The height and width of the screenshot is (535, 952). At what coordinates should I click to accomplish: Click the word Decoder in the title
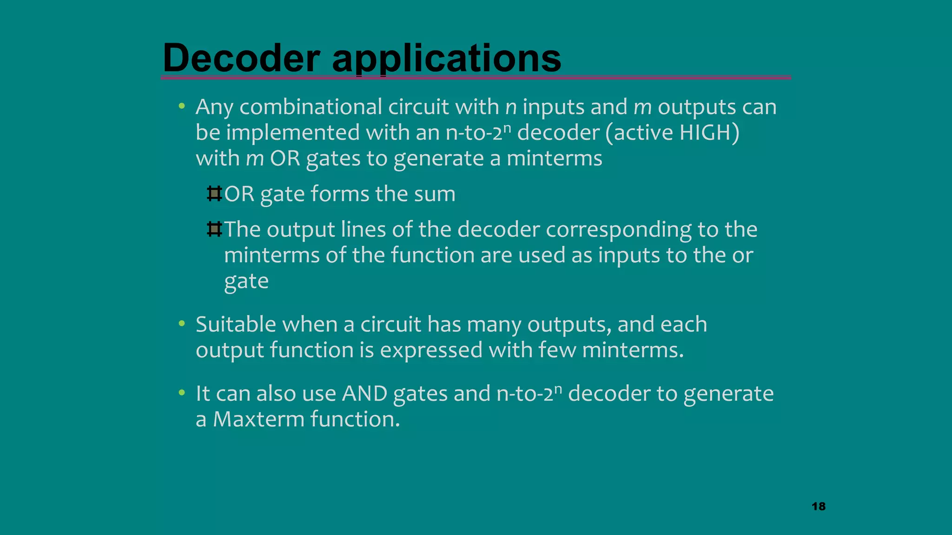pyautogui.click(x=241, y=58)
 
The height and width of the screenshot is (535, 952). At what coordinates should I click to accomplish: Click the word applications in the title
pyautogui.click(x=446, y=59)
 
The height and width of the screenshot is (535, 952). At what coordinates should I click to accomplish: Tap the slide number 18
pyautogui.click(x=819, y=506)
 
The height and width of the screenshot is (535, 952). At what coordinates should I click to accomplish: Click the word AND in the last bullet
pyautogui.click(x=364, y=394)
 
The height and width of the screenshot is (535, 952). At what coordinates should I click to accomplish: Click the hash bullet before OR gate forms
pyautogui.click(x=214, y=194)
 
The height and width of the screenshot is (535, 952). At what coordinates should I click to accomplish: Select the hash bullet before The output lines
pyautogui.click(x=214, y=229)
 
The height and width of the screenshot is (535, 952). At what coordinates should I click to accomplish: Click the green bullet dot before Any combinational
pyautogui.click(x=182, y=107)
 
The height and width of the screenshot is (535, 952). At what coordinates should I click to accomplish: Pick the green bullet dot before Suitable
pyautogui.click(x=182, y=324)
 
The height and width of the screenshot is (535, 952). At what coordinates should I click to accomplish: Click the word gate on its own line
pyautogui.click(x=246, y=281)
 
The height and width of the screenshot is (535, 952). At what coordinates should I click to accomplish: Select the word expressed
pyautogui.click(x=431, y=350)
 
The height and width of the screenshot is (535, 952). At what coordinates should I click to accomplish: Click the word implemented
pyautogui.click(x=292, y=133)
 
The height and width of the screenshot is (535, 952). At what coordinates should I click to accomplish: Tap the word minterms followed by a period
pyautogui.click(x=632, y=350)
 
